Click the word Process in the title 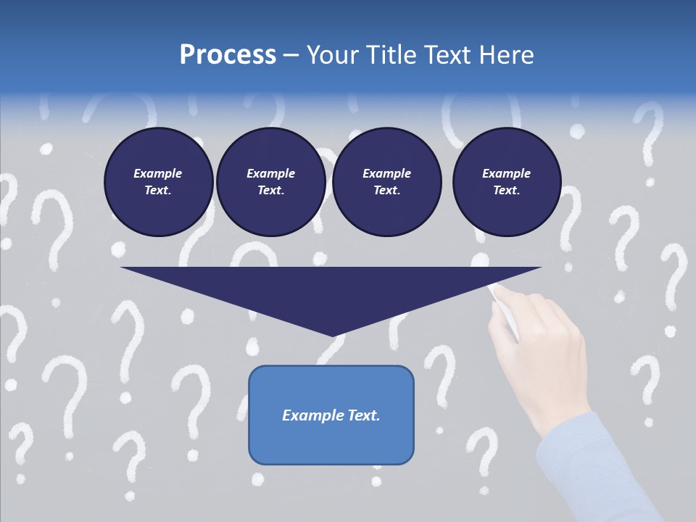click(x=228, y=55)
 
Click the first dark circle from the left click(x=158, y=182)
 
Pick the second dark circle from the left click(x=270, y=182)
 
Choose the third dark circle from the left click(x=386, y=182)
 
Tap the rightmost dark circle click(x=506, y=182)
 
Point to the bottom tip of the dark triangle click(x=333, y=335)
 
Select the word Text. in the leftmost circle click(x=158, y=191)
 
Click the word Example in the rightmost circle click(x=506, y=173)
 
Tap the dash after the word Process click(x=291, y=55)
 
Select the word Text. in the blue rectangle click(x=362, y=415)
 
